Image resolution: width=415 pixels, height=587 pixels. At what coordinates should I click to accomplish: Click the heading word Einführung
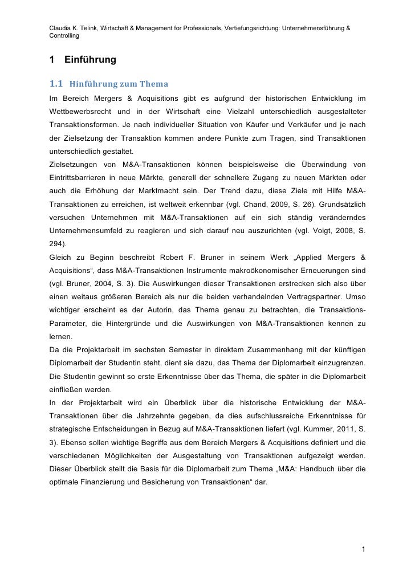(x=90, y=59)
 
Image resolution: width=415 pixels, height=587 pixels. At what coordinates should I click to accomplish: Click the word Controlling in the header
(x=64, y=36)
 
